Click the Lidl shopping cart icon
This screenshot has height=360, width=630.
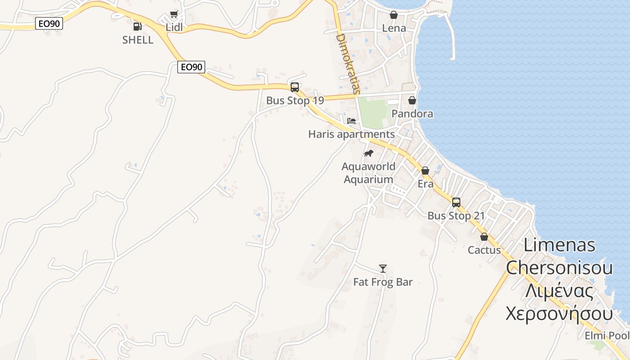coord(174,14)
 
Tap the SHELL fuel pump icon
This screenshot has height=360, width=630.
coord(138,27)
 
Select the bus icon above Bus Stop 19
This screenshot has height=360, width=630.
coord(295,87)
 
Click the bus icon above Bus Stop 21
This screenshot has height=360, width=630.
coord(456,202)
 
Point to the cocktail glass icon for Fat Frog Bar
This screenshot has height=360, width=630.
coord(383,269)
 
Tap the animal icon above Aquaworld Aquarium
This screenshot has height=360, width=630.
coord(369,153)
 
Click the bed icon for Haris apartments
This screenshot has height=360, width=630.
coord(351,121)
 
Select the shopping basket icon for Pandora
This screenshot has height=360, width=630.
coord(412,100)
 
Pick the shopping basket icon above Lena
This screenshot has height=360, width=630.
coord(394,15)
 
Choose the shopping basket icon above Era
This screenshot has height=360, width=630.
coord(425,171)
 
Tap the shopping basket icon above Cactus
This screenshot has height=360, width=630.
coord(484,237)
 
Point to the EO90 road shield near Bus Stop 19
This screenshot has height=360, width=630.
coord(191,67)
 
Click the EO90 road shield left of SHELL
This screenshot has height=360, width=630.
coord(49,23)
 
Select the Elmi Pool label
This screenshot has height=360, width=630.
coord(607,336)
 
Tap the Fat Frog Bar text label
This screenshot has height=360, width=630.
coord(383,282)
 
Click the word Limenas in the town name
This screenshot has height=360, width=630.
coord(559,245)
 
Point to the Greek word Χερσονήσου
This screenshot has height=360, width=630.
coord(559,313)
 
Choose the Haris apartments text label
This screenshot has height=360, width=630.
coord(351,134)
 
